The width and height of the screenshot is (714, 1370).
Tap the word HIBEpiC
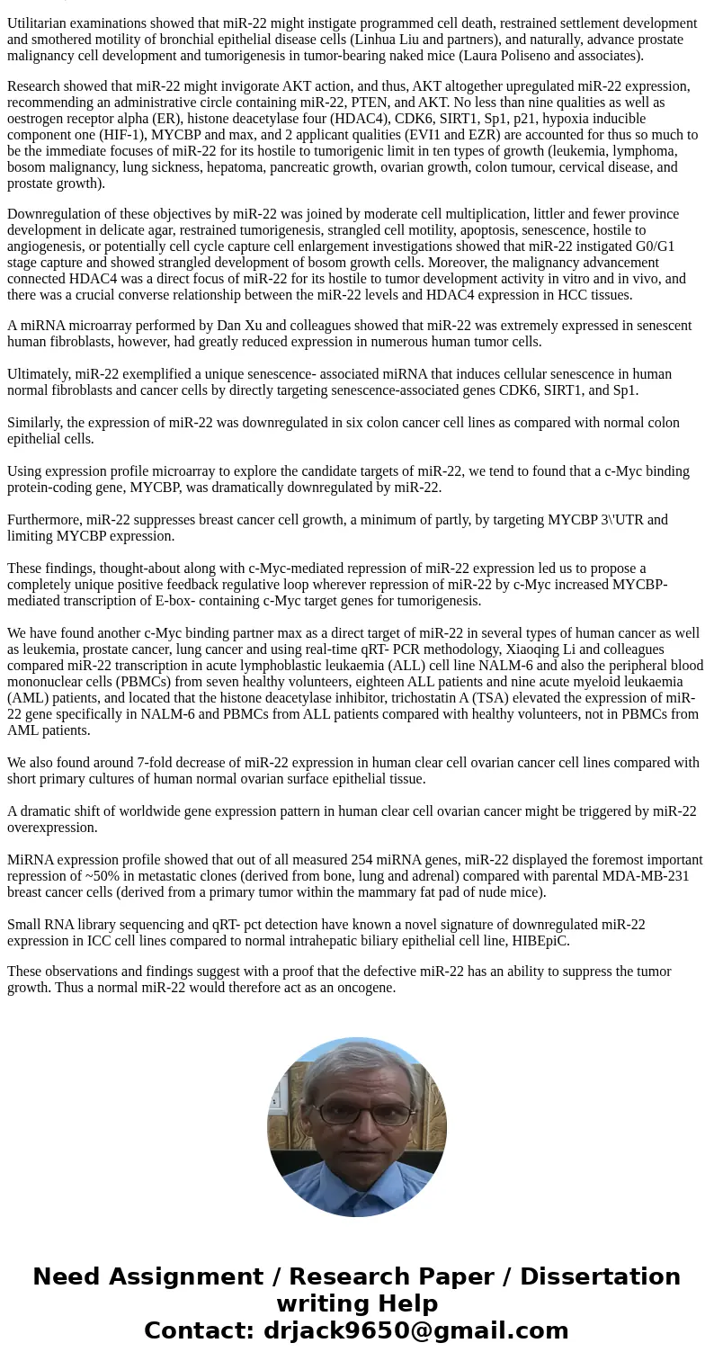[541, 941]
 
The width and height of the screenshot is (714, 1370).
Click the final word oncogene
[365, 988]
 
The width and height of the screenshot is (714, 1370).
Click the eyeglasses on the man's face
[358, 1114]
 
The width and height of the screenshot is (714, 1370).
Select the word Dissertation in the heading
[600, 1277]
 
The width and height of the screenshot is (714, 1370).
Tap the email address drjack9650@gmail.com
[415, 1331]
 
